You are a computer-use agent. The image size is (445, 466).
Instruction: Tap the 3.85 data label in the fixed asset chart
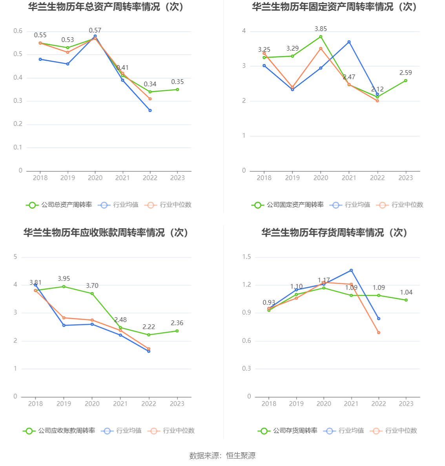tap(321, 29)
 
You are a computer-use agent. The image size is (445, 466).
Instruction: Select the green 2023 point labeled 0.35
tap(177, 89)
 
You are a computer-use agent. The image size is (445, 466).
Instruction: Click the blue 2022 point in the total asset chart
tap(150, 110)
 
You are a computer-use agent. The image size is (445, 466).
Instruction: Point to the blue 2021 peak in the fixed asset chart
tap(349, 42)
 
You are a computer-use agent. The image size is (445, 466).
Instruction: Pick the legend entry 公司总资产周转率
tap(59, 205)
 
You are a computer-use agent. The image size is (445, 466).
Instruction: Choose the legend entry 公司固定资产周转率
tap(288, 205)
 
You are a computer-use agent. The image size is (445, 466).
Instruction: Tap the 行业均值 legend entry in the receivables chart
tap(121, 431)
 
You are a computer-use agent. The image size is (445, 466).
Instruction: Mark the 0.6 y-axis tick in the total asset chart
tap(18, 31)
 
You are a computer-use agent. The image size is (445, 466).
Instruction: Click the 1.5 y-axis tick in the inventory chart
tap(246, 257)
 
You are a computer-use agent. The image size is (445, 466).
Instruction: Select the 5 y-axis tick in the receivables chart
tap(16, 257)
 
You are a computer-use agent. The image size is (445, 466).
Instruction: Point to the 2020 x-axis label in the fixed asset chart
tap(321, 178)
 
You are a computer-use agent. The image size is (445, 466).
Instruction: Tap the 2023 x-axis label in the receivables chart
tap(177, 404)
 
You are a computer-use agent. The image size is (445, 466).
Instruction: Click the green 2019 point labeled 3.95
tap(64, 286)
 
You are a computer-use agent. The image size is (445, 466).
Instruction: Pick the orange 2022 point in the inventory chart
tap(379, 333)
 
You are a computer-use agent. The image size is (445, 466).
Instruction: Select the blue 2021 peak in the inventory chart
tap(351, 270)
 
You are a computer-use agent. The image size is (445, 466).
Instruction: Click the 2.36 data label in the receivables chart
tap(177, 323)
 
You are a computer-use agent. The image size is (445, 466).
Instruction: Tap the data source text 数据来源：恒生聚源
tap(222, 455)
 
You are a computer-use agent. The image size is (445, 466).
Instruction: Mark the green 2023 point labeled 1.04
tap(406, 300)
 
